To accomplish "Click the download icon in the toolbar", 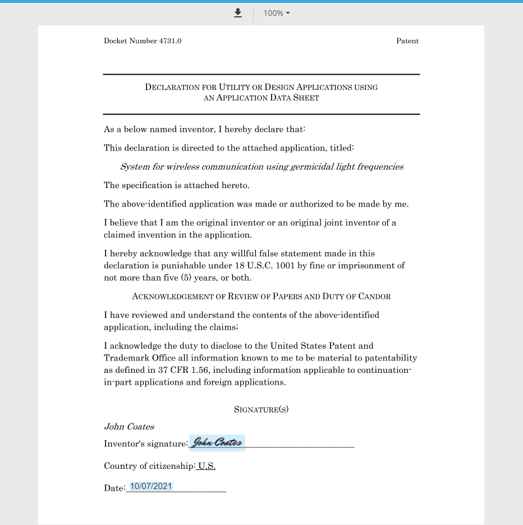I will point(238,13).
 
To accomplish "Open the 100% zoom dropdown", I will point(277,13).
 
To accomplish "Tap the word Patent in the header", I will point(407,41).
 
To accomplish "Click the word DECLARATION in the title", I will point(172,87).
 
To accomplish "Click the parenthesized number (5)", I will point(185,278).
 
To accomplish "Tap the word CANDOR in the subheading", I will point(373,296).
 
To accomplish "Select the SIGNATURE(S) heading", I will point(261,409).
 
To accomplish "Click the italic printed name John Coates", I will point(129,427).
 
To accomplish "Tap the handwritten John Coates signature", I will point(217,443).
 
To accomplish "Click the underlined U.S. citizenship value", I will point(207,466).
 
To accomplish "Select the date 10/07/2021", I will point(151,486).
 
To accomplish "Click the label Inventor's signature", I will point(145,444).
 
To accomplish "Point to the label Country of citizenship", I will point(149,466).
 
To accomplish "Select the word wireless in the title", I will point(183,167).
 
